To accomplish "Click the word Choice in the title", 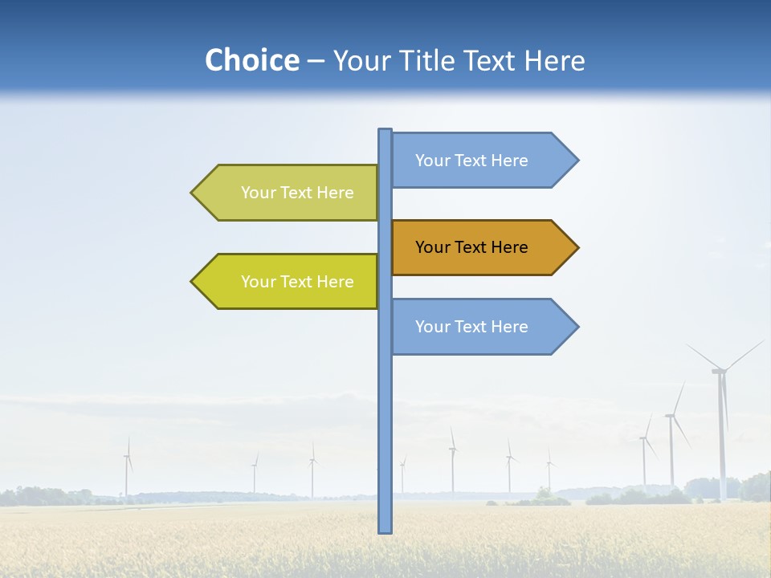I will click(x=251, y=61).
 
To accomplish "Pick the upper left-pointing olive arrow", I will click(x=289, y=193).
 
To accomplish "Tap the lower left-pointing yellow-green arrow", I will click(x=289, y=281).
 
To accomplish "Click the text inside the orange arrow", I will click(x=471, y=247).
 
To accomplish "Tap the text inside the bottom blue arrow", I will click(x=471, y=327).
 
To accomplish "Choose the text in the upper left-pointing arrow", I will click(x=297, y=193).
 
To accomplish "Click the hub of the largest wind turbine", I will click(x=720, y=370).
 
